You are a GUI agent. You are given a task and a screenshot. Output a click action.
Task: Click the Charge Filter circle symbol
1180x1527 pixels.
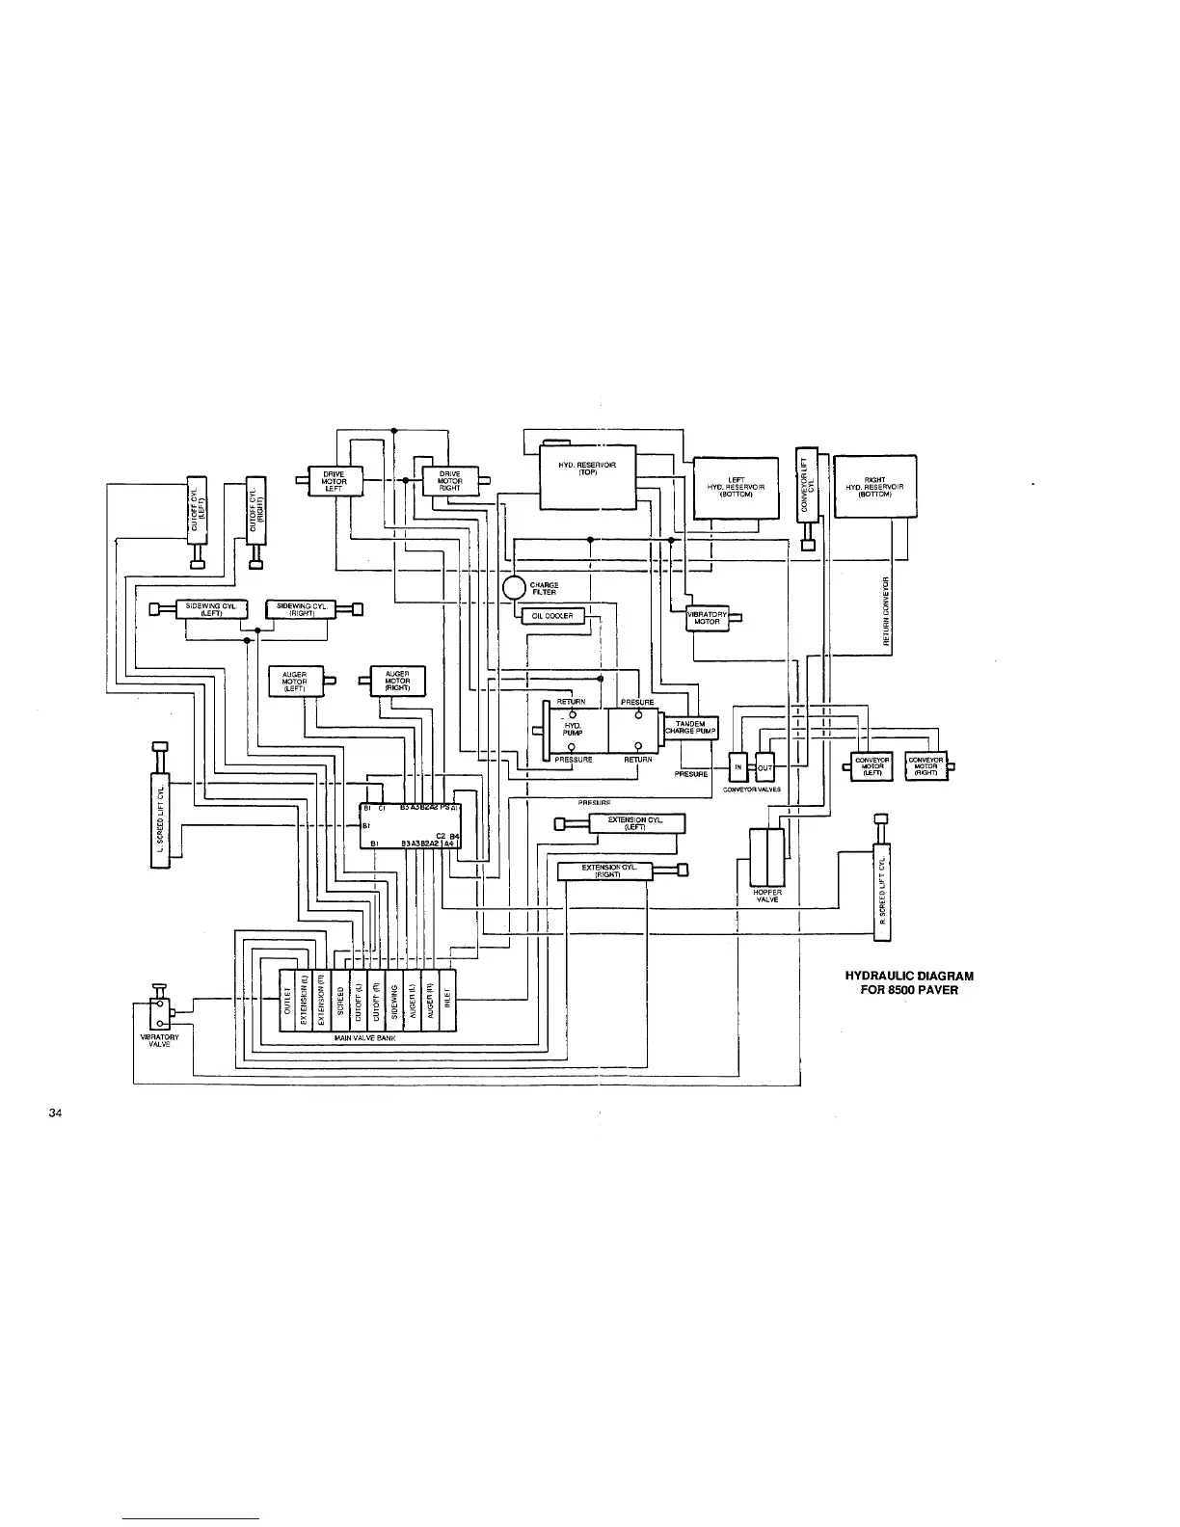click(x=514, y=588)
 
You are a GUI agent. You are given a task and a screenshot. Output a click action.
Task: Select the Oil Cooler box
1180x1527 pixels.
click(x=552, y=617)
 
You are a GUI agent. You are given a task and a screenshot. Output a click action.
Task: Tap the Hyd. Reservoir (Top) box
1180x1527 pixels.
click(x=587, y=477)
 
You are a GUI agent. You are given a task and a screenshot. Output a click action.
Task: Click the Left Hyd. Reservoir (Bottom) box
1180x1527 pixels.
click(x=735, y=487)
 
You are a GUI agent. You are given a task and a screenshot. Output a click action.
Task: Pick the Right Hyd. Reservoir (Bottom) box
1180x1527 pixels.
click(x=874, y=486)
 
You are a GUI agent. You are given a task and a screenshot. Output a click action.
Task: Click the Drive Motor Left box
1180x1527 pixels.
click(x=334, y=480)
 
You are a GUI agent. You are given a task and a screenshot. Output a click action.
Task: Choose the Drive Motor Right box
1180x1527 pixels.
click(x=448, y=481)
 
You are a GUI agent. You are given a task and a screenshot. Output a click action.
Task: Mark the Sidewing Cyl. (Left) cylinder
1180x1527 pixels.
click(x=211, y=607)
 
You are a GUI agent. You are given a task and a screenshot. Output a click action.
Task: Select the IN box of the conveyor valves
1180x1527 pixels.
click(x=738, y=766)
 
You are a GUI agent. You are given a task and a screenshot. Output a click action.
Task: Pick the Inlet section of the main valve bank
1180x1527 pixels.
click(x=446, y=1000)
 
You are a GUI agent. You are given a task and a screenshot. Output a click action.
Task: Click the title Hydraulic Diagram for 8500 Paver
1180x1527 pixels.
click(x=902, y=982)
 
